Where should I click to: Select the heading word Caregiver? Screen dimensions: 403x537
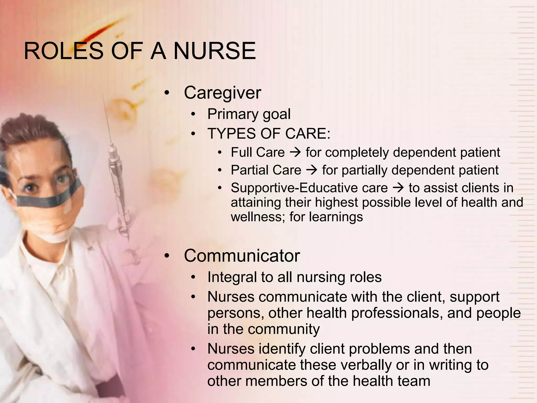pos(222,93)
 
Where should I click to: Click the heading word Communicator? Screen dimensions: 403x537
pos(242,256)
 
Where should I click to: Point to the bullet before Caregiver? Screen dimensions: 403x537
pos(167,93)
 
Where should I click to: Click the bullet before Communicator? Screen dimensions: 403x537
pos(167,256)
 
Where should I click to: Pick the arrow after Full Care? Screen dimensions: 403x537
pos(295,153)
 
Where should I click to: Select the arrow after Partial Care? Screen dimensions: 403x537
pos(312,170)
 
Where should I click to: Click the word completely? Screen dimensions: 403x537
pos(357,153)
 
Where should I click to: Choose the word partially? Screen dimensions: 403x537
pos(364,170)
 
